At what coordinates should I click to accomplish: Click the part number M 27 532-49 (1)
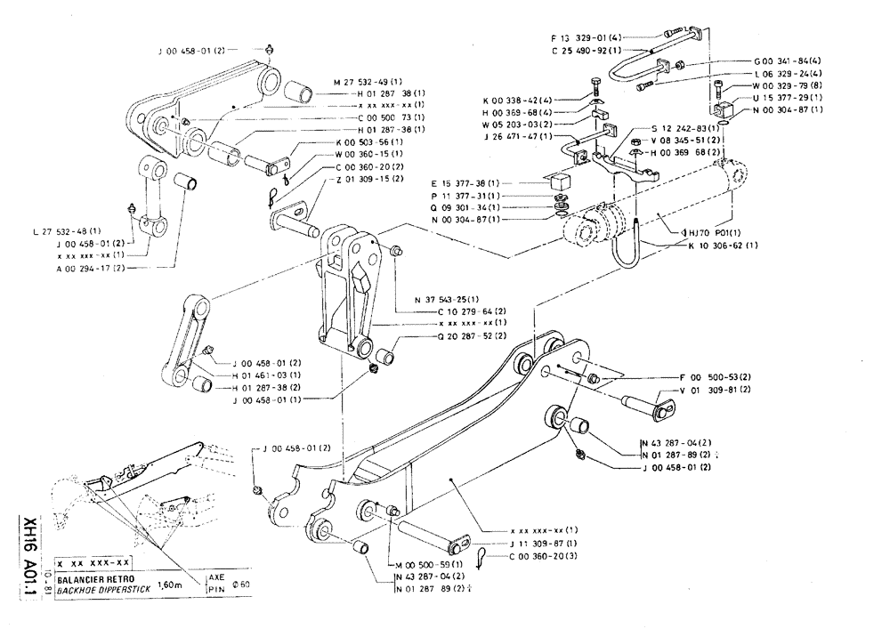(367, 81)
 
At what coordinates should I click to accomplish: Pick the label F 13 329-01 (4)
(589, 37)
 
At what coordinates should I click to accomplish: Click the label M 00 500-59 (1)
(425, 564)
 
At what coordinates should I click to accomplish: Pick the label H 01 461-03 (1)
(267, 376)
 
